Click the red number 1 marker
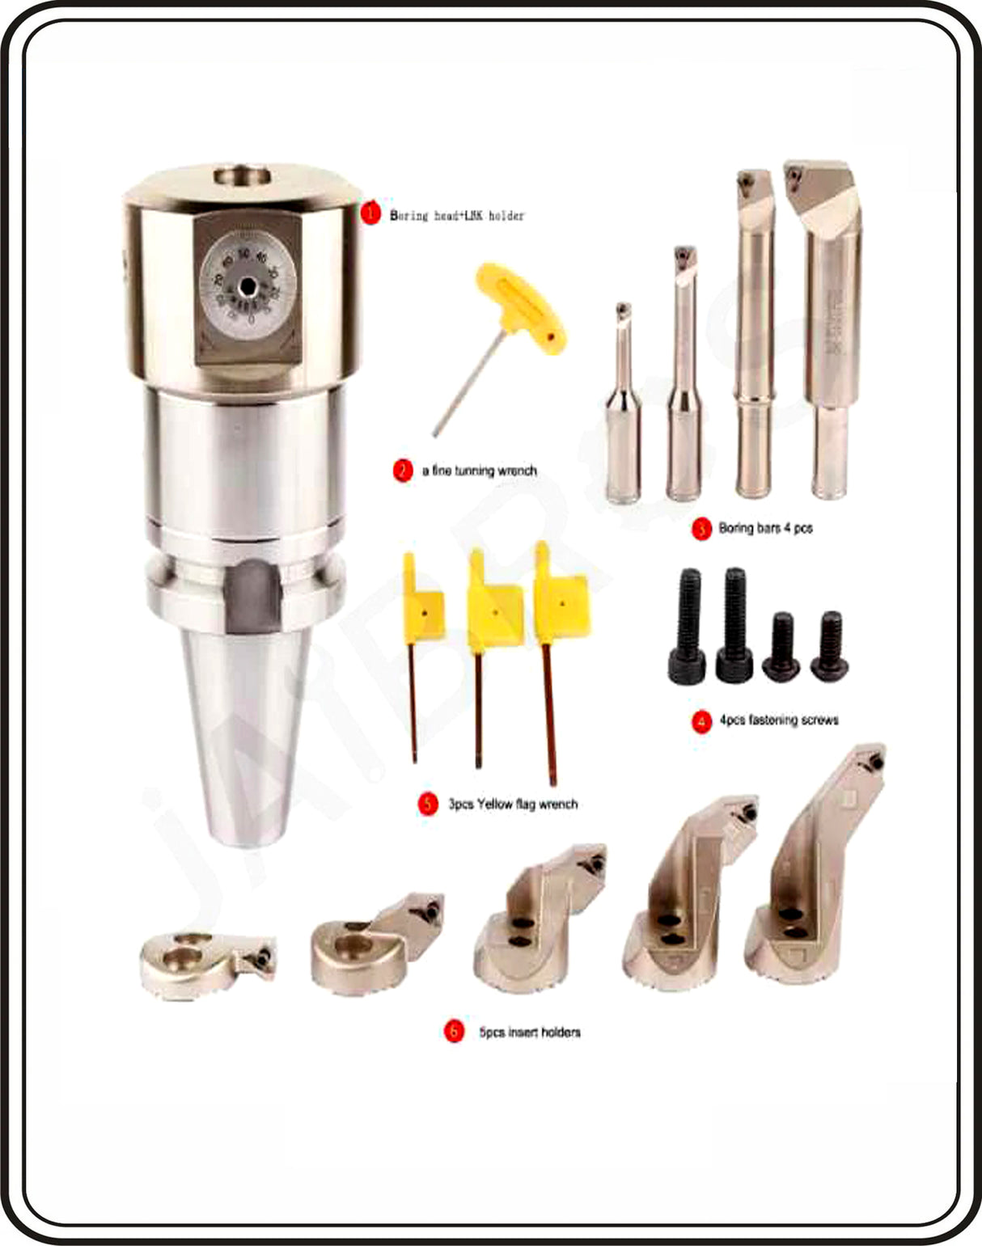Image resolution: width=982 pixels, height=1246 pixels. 370,213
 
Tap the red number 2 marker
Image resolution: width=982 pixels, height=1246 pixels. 403,471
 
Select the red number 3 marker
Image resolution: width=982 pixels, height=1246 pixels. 701,529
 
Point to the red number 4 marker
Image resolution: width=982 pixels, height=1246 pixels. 701,720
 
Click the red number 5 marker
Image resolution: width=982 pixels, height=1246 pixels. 428,804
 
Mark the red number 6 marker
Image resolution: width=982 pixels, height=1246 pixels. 455,1031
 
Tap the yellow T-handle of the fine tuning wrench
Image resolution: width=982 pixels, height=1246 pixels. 523,307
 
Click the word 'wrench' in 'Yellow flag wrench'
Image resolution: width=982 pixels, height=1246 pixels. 559,804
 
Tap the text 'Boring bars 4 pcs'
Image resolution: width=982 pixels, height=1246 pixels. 765,528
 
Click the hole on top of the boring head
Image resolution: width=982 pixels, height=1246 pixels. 243,174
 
